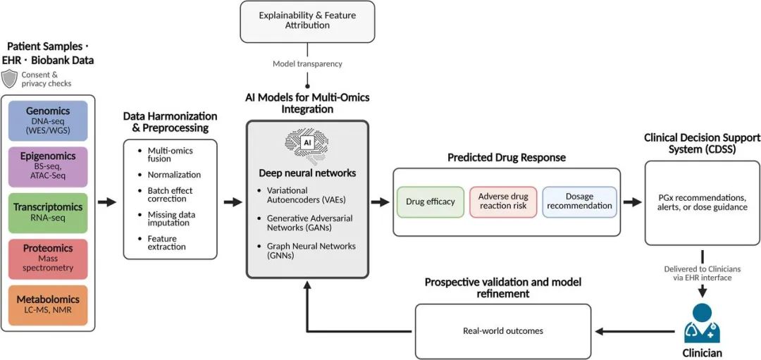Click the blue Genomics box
(47, 120)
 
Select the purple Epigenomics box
(47, 167)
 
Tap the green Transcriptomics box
(47, 213)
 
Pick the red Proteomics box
(47, 259)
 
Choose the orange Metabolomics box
(47, 305)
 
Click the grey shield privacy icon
(9, 79)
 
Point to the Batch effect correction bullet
(170, 195)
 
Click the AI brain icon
(307, 143)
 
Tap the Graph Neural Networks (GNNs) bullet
(311, 251)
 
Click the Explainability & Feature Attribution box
(307, 20)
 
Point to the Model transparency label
(307, 64)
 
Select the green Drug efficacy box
(431, 202)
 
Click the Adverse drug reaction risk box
(503, 201)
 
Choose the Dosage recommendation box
(580, 201)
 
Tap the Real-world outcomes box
(503, 330)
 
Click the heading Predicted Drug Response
(506, 158)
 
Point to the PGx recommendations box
(702, 202)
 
